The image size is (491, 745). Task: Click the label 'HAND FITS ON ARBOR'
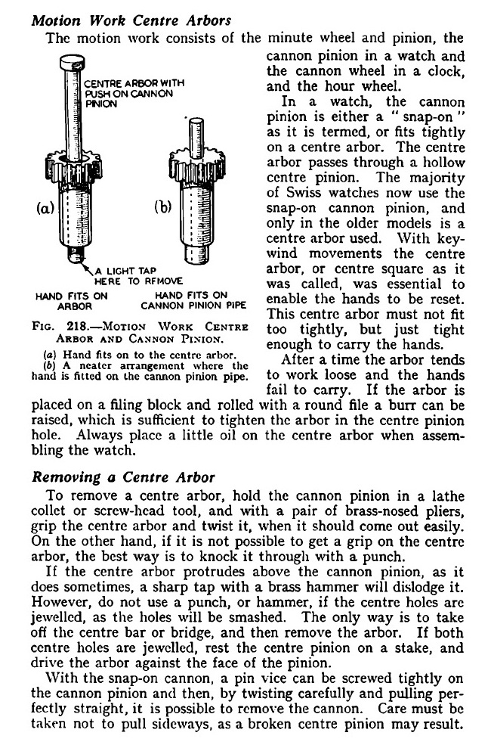(64, 301)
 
